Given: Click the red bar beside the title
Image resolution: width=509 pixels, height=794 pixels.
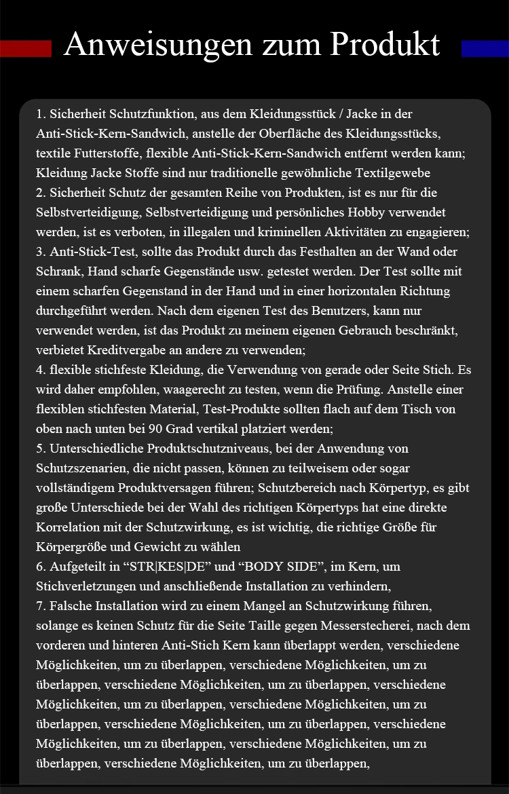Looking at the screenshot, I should [x=26, y=49].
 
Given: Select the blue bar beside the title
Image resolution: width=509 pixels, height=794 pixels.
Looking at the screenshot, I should [x=485, y=49].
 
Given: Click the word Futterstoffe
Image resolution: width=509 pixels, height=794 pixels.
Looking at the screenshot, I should [x=99, y=153].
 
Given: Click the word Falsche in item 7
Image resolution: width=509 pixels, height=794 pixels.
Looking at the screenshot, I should [x=71, y=606].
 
